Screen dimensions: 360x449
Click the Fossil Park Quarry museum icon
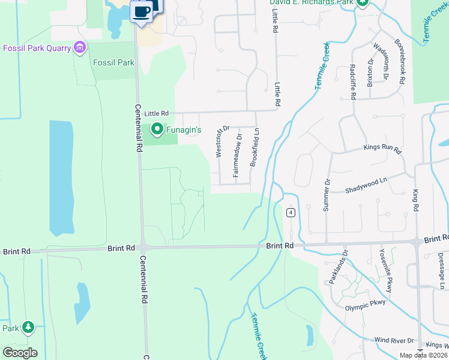coord(79,47)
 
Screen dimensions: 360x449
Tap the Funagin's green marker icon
coord(157,128)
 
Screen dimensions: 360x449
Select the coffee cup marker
coord(141,12)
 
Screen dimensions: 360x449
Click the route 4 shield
coord(291,213)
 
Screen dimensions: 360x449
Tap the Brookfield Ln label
coord(255,147)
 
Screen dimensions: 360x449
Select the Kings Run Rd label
coord(382,148)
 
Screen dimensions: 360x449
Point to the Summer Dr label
coord(327,194)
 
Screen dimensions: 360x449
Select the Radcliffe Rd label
coord(354,83)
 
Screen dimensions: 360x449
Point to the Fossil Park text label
coord(113,62)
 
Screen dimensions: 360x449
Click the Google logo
coord(20,353)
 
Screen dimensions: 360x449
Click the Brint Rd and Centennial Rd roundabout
coord(143,247)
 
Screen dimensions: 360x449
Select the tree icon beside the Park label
coord(28,328)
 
